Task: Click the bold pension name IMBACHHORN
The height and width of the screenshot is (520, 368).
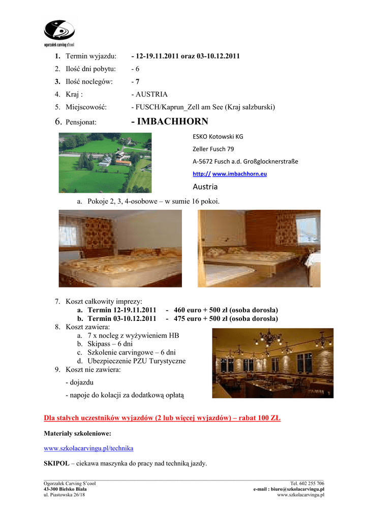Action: (169, 121)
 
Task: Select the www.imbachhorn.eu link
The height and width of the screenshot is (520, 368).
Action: (239, 174)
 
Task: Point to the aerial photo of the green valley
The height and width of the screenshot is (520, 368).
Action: (105, 162)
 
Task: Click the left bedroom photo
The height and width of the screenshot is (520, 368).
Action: (120, 248)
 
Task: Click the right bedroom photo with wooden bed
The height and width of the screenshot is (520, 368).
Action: (259, 248)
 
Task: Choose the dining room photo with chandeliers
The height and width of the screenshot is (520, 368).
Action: (272, 363)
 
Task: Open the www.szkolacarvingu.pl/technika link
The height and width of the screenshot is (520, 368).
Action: (88, 448)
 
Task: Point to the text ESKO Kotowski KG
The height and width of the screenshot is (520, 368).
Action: (218, 136)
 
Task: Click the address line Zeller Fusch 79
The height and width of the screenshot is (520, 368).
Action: (213, 149)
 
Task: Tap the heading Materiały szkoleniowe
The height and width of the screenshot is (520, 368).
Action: (77, 434)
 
